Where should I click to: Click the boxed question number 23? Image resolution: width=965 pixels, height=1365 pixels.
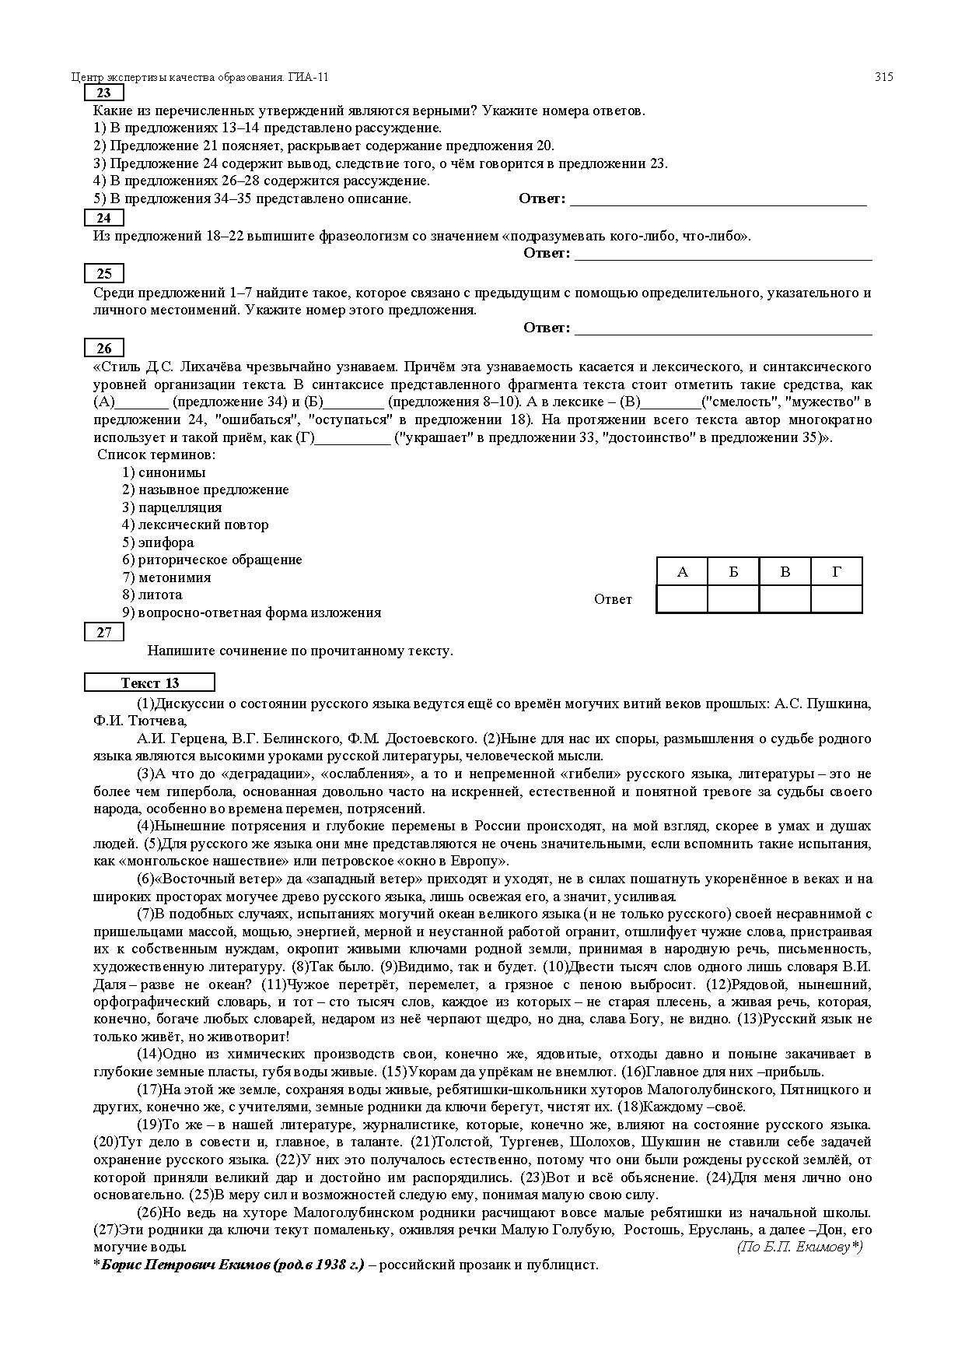coord(103,93)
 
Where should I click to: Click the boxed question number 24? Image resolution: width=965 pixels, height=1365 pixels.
coord(103,219)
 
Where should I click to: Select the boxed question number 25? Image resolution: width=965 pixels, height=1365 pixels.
coord(103,274)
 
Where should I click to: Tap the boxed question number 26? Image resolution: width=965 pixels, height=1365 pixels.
coord(103,349)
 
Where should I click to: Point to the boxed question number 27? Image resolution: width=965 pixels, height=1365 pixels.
coord(103,633)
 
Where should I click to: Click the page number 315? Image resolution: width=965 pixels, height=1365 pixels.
coord(883,77)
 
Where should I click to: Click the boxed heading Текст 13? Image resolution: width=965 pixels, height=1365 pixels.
coord(149,683)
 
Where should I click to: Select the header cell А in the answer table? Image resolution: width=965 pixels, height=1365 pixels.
coord(682,572)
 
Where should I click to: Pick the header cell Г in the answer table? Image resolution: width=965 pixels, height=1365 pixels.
coord(837,572)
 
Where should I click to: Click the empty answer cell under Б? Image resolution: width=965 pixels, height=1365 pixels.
coord(733,599)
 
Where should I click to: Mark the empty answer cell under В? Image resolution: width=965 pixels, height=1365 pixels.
coord(785,599)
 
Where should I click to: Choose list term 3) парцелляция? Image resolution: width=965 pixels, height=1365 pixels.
coord(172,507)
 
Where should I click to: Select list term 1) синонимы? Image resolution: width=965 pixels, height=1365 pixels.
coord(164,472)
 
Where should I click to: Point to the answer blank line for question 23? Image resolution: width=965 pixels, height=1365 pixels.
coord(719,203)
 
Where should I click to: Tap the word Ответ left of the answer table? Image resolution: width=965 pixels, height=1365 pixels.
coord(613,599)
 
